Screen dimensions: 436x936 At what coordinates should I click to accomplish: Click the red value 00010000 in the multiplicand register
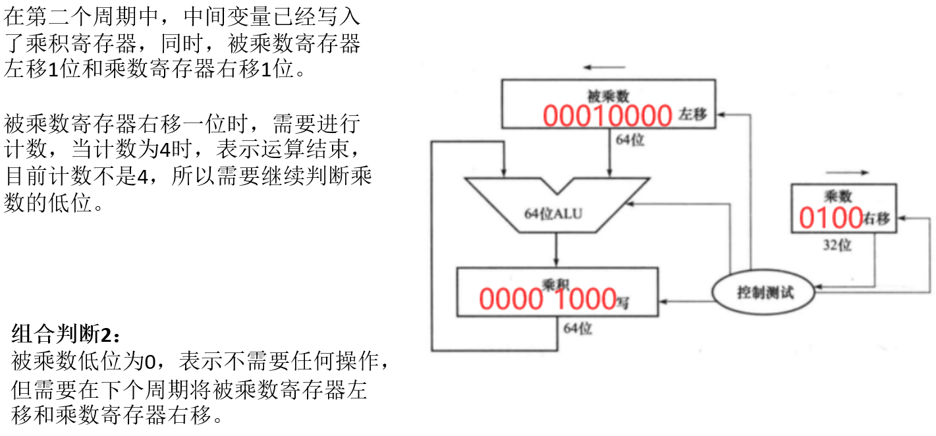coord(607,116)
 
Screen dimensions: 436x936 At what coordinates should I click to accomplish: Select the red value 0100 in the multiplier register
coord(831,217)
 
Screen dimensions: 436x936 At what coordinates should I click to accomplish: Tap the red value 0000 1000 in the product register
coord(547,299)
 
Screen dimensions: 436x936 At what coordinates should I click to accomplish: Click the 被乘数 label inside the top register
coord(609,96)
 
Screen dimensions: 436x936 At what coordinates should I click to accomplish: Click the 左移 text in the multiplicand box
coord(692,115)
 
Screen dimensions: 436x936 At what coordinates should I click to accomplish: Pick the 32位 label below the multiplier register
coord(837,245)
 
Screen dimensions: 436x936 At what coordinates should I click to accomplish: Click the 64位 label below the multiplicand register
coord(630,140)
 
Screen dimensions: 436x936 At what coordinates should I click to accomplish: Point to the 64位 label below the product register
coord(577,327)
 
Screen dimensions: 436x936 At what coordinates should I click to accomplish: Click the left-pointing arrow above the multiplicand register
coord(603,67)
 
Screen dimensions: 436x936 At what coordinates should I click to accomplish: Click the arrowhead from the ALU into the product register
coord(557,262)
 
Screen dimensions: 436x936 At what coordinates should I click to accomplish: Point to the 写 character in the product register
coord(622,302)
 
